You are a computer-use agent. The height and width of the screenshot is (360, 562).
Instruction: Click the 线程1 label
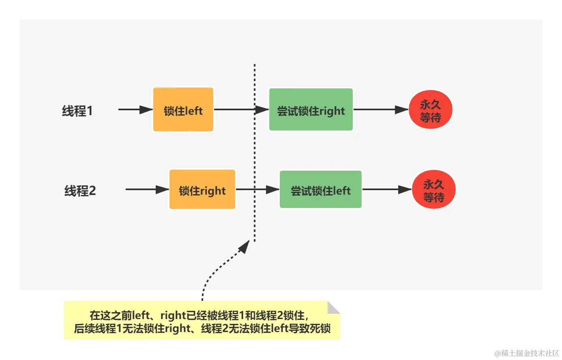coord(77,111)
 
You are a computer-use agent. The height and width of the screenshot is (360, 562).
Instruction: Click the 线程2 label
coord(80,191)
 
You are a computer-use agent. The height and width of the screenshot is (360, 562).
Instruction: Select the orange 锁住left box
coord(183,110)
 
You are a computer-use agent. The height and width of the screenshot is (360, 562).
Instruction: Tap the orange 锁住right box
coord(202,190)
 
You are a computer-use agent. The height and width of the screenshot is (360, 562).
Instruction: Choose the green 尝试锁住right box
coord(311,110)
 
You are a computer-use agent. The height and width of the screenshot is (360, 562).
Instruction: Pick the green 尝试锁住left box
coord(321,190)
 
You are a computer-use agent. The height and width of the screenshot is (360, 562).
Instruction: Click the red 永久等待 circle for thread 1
coord(430,110)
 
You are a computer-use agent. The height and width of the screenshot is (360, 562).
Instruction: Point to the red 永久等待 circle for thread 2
coord(434,190)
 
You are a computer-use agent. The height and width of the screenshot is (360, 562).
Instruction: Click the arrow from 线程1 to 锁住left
coord(135,109)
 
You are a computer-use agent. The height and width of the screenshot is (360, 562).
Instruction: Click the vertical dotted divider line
coord(255,154)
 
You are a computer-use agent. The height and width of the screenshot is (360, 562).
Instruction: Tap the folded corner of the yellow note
coord(334,306)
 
